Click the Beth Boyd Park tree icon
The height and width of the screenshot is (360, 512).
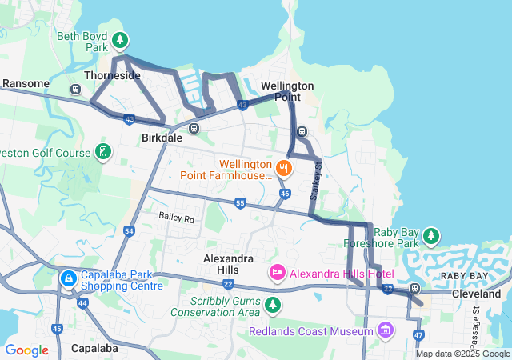pyautogui.click(x=120, y=39)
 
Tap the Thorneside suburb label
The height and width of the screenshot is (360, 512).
pyautogui.click(x=112, y=76)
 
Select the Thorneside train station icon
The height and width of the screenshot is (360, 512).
pyautogui.click(x=76, y=89)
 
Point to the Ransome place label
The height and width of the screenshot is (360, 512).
pyautogui.click(x=26, y=83)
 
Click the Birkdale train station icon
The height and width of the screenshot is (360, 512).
pyautogui.click(x=194, y=128)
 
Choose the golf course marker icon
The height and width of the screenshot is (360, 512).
pyautogui.click(x=102, y=151)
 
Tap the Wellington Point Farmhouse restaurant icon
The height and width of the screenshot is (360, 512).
pyautogui.click(x=283, y=168)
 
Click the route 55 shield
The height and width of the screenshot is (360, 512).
pyautogui.click(x=241, y=204)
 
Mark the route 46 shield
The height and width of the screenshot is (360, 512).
pyautogui.click(x=285, y=194)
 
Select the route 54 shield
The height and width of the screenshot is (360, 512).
pyautogui.click(x=130, y=230)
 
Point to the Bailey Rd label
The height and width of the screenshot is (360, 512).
pyautogui.click(x=176, y=218)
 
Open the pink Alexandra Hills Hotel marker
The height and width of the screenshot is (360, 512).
pyautogui.click(x=278, y=274)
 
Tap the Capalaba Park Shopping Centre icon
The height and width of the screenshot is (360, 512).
pyautogui.click(x=68, y=278)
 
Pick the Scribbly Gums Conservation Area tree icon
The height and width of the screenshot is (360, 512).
pyautogui.click(x=273, y=305)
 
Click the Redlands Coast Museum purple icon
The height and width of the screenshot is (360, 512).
pyautogui.click(x=386, y=330)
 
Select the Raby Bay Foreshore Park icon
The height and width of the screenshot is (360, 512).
pyautogui.click(x=432, y=235)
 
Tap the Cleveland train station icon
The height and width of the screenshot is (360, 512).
pyautogui.click(x=414, y=289)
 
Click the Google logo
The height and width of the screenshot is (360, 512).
pyautogui.click(x=26, y=350)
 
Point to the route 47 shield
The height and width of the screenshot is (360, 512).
pyautogui.click(x=419, y=335)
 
